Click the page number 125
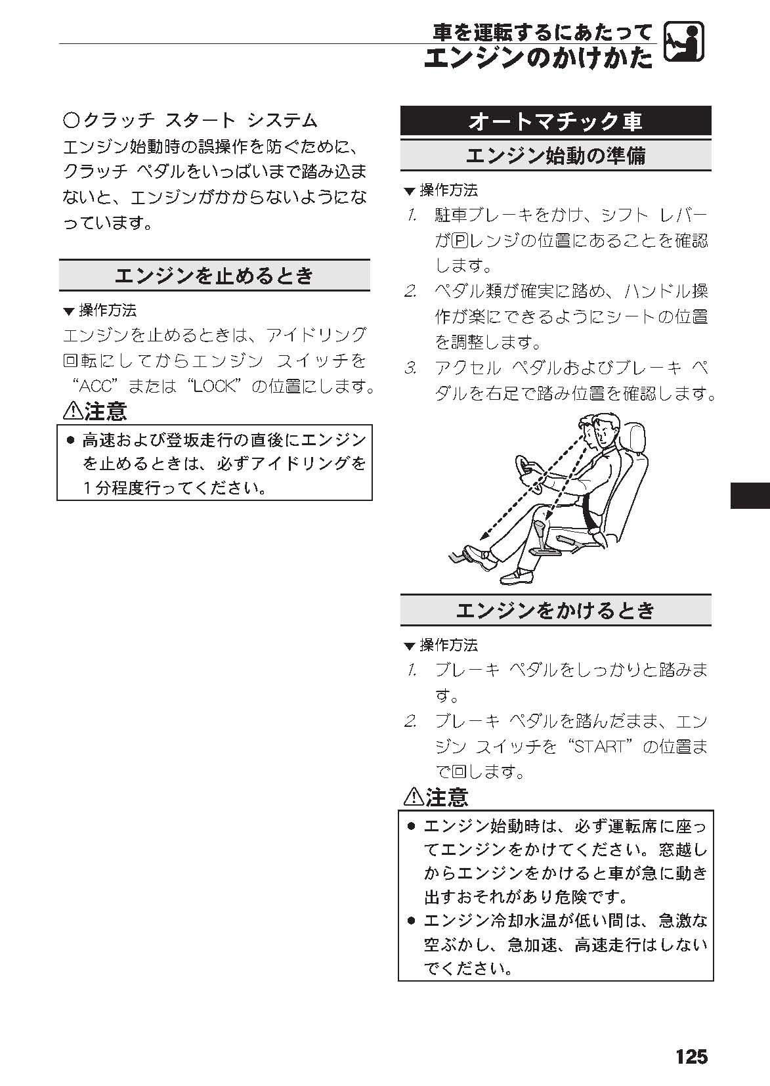pos(691,1056)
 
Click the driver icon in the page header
pos(684,42)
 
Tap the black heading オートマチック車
pos(555,121)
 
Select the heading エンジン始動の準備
pos(555,156)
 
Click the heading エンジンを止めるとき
pos(214,276)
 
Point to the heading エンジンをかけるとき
pos(555,611)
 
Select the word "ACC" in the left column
pos(98,386)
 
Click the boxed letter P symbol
pos(458,240)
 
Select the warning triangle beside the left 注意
pos(73,411)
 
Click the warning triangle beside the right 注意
pos(414,796)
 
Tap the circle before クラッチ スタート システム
pos(72,120)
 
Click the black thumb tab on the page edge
pos(750,495)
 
